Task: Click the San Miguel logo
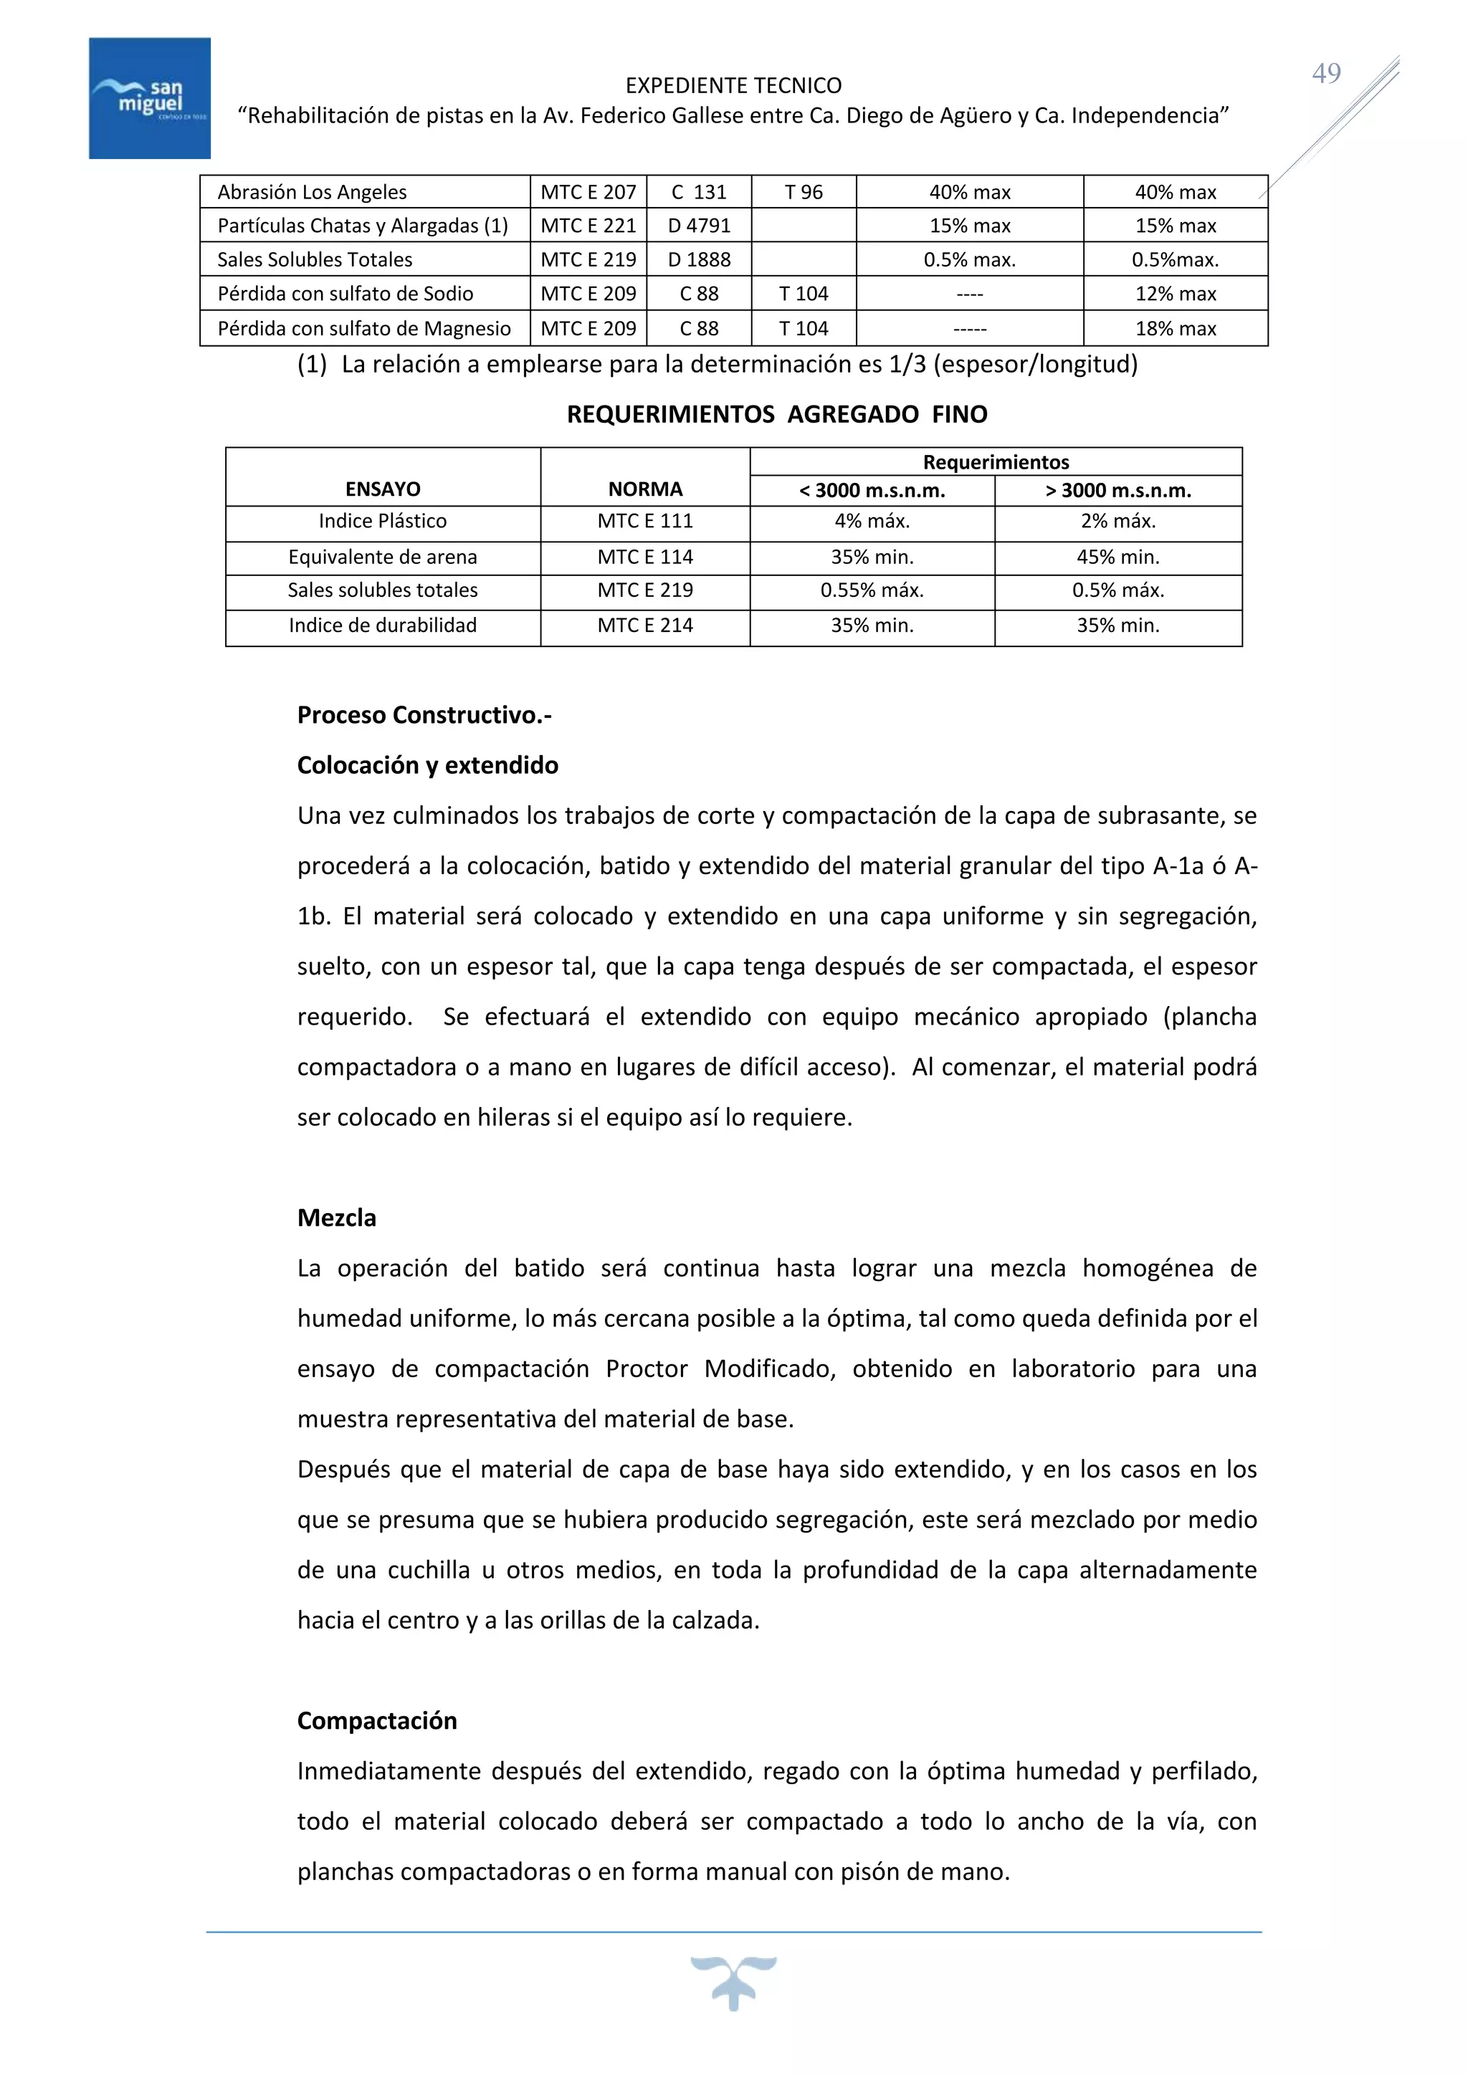(x=150, y=98)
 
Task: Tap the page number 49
(x=1326, y=73)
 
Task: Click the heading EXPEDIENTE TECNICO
(x=733, y=86)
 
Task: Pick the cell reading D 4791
(x=699, y=226)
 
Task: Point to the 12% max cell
(x=1175, y=294)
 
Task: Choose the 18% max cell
(x=1175, y=329)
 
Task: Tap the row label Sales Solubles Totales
(x=315, y=260)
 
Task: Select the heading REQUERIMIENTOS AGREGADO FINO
(x=776, y=415)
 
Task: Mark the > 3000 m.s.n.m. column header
(x=1118, y=491)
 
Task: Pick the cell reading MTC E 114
(x=644, y=557)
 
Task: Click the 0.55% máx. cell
(x=872, y=591)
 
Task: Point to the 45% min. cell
(x=1118, y=557)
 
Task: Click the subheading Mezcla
(x=336, y=1218)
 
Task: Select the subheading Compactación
(x=377, y=1721)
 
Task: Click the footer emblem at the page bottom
(x=733, y=1981)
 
